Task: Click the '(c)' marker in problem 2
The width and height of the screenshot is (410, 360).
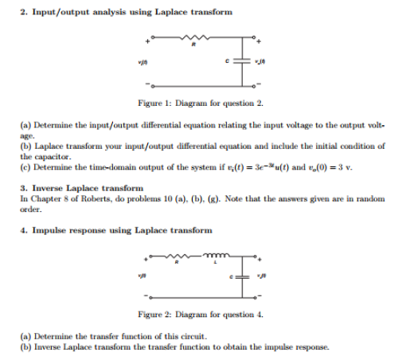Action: point(25,167)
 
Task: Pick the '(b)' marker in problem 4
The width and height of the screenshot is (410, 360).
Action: point(25,347)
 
